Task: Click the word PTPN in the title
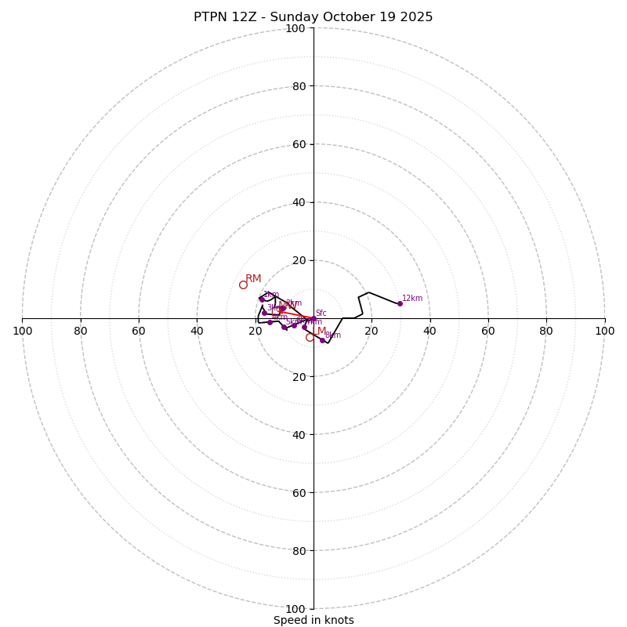(x=212, y=17)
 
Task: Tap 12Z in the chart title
(x=247, y=17)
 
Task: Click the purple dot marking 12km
(x=400, y=303)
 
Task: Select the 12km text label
(x=412, y=298)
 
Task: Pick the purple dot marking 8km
(x=322, y=340)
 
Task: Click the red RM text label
(x=253, y=279)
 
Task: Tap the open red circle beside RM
(x=243, y=285)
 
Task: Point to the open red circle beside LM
(x=310, y=337)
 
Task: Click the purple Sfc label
(x=321, y=313)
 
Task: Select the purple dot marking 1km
(x=262, y=299)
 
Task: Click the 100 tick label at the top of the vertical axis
(x=295, y=28)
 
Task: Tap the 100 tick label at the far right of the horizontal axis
(x=605, y=331)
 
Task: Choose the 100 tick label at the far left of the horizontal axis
(x=22, y=331)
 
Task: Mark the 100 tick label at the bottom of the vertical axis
(x=295, y=608)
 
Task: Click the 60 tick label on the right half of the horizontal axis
(x=488, y=331)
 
